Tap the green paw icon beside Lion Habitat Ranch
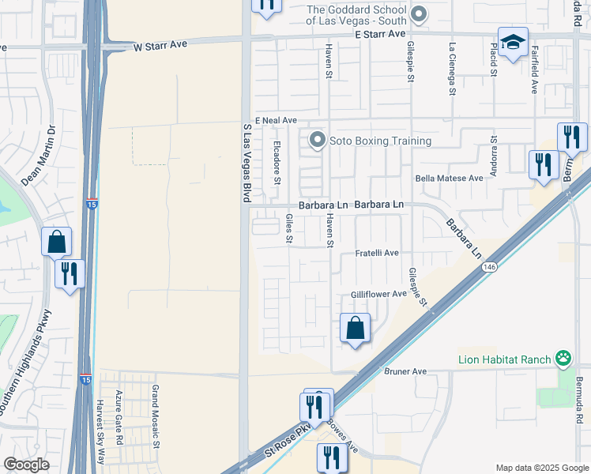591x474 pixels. click(x=563, y=359)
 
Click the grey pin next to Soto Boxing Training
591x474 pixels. click(x=318, y=141)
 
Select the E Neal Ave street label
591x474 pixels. click(x=269, y=120)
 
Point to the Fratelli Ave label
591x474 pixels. click(x=376, y=253)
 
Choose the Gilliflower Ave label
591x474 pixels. click(x=378, y=294)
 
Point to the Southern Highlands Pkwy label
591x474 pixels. click(x=24, y=363)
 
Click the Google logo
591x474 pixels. click(x=26, y=465)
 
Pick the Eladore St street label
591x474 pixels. click(x=277, y=162)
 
